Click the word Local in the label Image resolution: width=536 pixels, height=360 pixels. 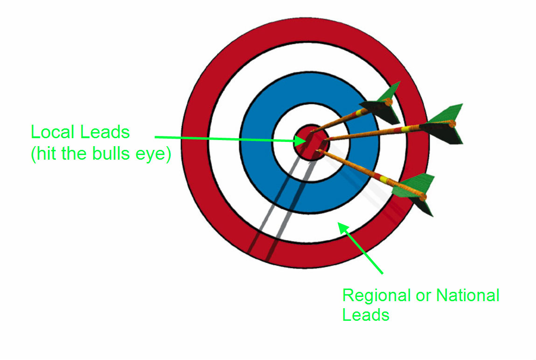53,133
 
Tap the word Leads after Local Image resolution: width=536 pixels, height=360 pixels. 105,133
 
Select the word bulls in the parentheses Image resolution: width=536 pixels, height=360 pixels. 114,153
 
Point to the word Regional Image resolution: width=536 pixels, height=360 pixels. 376,296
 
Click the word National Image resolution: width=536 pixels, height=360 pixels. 467,296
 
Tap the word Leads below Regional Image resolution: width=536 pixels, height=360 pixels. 366,315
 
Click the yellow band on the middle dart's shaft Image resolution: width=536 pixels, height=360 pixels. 406,128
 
